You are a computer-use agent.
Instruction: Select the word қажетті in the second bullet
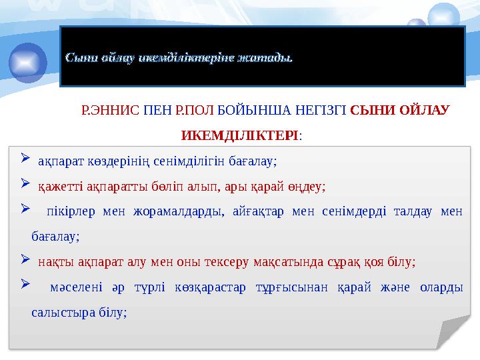(x=57, y=186)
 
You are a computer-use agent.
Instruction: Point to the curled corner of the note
(x=452, y=333)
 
